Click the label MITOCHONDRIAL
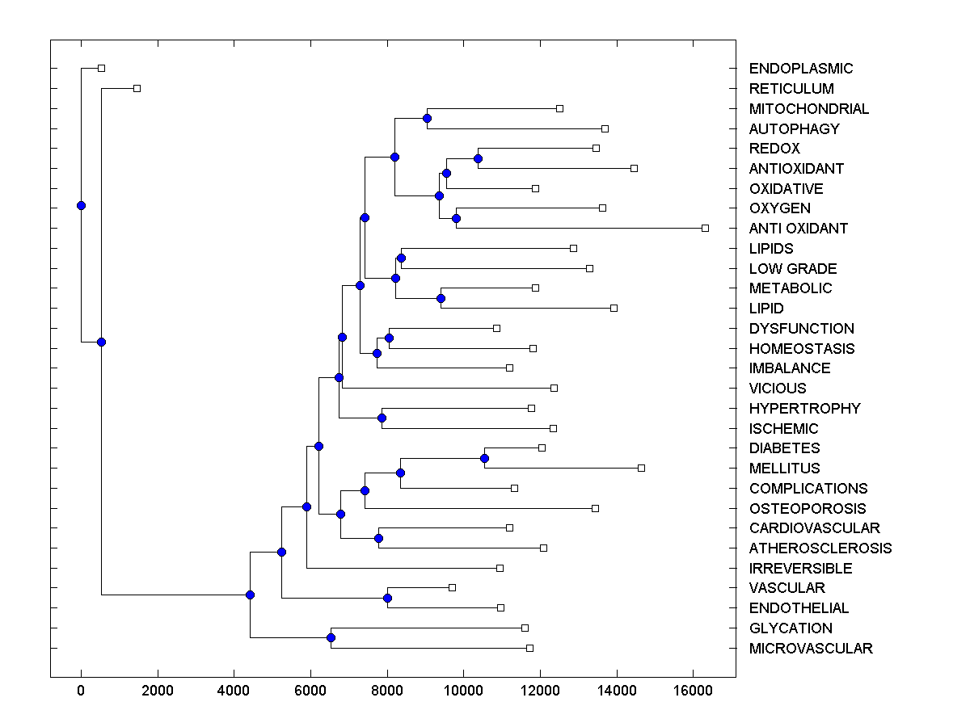(809, 109)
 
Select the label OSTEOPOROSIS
(808, 509)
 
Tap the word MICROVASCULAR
(811, 649)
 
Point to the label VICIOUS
(778, 389)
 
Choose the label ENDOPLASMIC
(801, 69)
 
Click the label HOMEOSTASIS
(802, 349)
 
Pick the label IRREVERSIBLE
(800, 569)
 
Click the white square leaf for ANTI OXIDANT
(705, 229)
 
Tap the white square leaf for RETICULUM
(137, 88)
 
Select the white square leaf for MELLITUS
(641, 468)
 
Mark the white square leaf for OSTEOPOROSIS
(595, 508)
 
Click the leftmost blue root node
(81, 205)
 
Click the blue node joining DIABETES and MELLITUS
(484, 458)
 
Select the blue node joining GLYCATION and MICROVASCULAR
(331, 637)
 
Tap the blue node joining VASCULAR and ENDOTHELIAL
(387, 598)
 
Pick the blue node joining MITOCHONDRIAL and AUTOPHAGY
(427, 119)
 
